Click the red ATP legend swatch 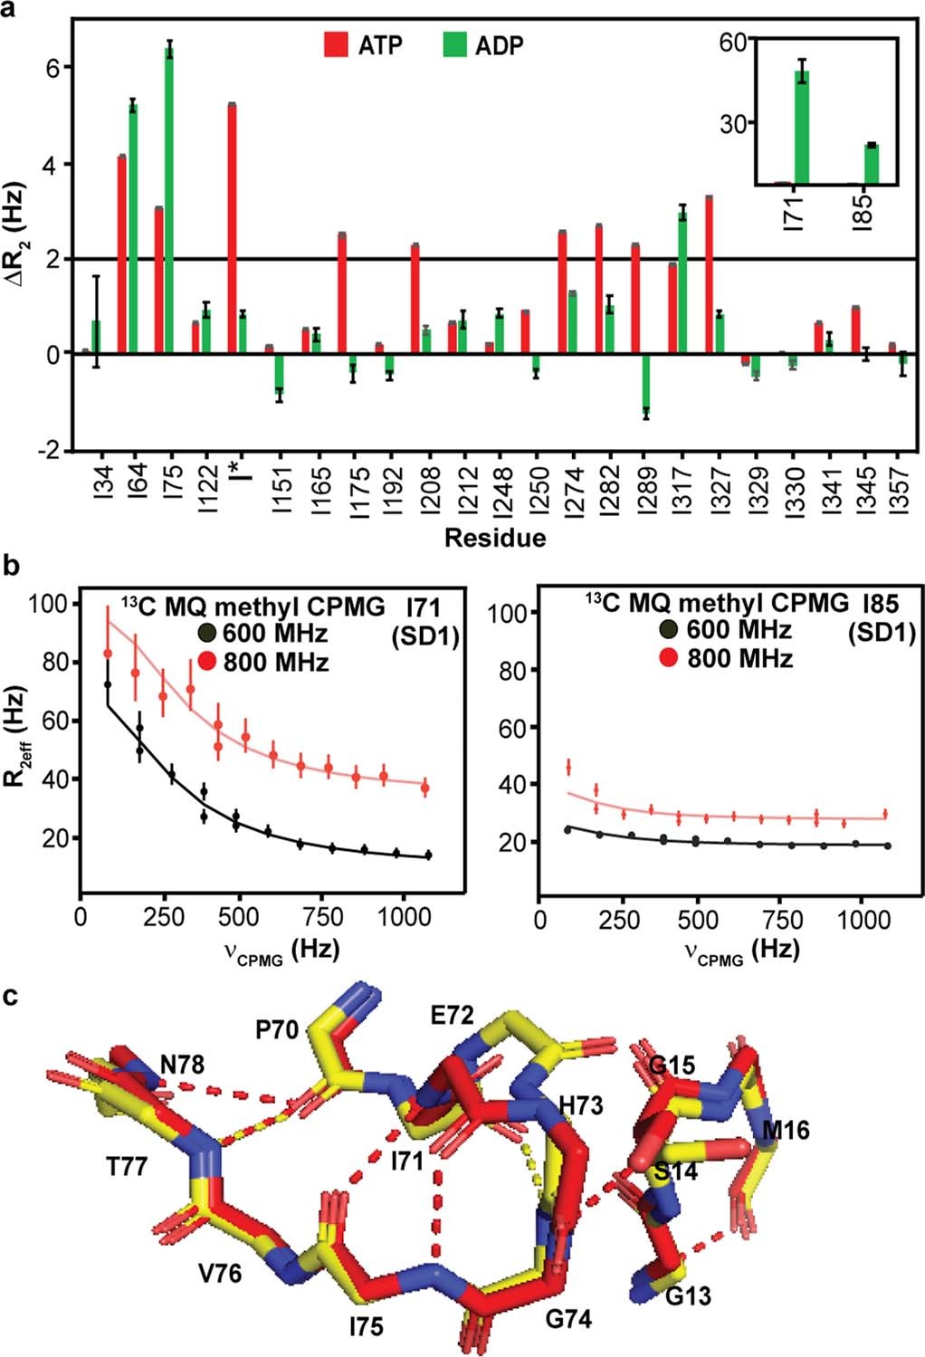coord(337,44)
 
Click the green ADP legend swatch coord(454,44)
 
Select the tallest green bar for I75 coord(169,199)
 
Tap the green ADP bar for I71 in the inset coord(802,127)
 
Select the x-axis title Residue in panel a coord(495,538)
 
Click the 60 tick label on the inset coord(733,43)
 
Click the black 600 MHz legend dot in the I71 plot coord(207,633)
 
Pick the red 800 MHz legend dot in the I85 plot coord(670,657)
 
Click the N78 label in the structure coord(182,1065)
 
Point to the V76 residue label coord(220,1273)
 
